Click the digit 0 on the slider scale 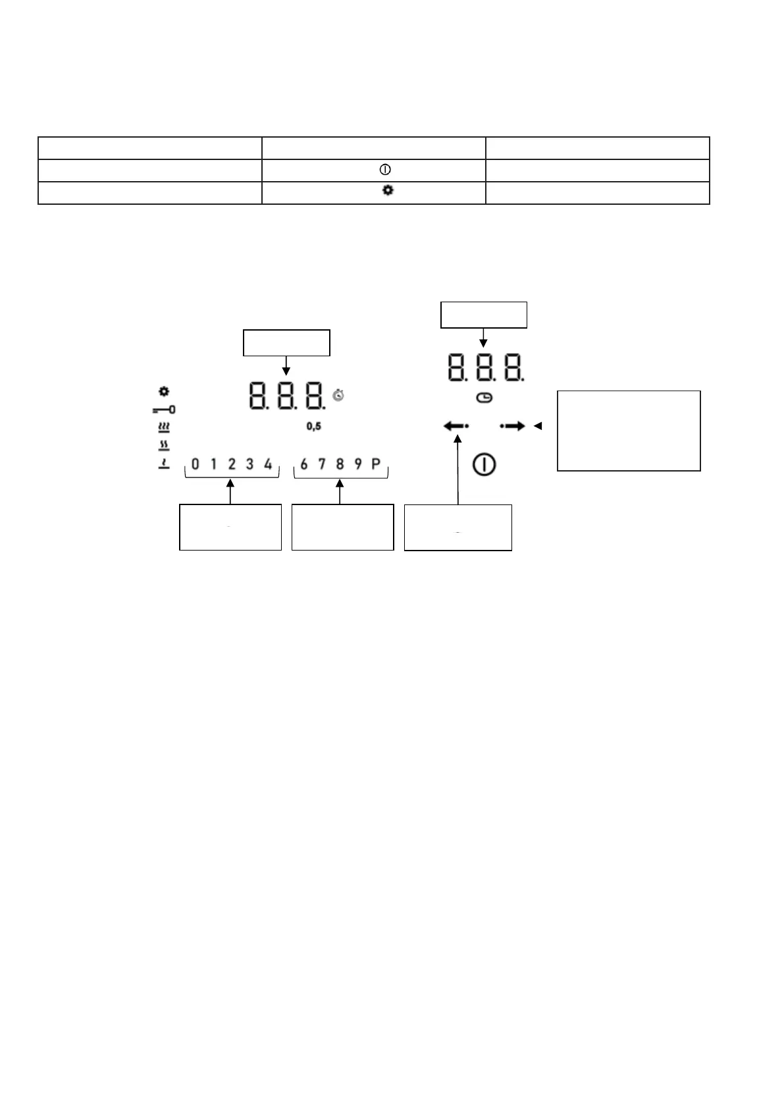196,464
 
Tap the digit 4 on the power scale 268,464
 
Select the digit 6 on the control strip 303,464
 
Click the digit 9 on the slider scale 358,464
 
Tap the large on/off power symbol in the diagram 484,465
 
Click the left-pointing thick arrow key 456,426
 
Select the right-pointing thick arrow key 513,426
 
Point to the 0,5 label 314,427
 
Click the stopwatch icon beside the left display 339,395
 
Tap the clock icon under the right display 484,398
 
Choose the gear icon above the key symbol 164,392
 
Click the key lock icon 164,410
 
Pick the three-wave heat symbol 164,427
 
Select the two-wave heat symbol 164,446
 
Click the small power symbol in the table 386,170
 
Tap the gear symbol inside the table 388,190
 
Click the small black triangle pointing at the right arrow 537,426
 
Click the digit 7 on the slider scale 322,464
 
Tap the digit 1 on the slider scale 213,464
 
